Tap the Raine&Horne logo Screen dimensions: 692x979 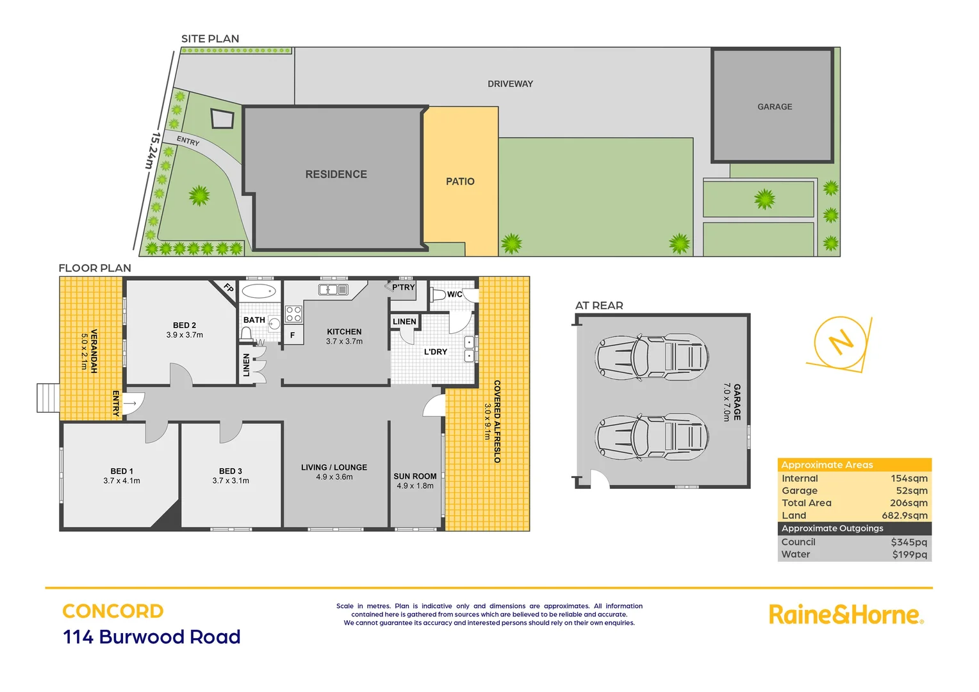(x=846, y=614)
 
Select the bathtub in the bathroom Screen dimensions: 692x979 (x=259, y=292)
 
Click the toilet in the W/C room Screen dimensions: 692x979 (x=438, y=294)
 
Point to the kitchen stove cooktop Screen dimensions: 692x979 (x=293, y=314)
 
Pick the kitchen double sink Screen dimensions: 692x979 (x=333, y=290)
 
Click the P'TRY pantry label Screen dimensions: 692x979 (x=403, y=287)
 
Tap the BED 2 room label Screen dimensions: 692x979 (x=185, y=325)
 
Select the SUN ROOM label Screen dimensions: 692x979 (x=415, y=476)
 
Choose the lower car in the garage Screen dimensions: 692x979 (x=652, y=437)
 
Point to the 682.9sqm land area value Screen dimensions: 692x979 (x=904, y=515)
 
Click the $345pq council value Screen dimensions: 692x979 (x=909, y=542)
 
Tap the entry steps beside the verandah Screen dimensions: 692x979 (x=48, y=398)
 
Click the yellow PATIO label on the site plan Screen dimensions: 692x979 (x=460, y=181)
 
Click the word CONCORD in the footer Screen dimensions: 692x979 (x=113, y=611)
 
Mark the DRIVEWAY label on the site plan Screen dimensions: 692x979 (x=510, y=84)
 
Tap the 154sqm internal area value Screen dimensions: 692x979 (x=909, y=478)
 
